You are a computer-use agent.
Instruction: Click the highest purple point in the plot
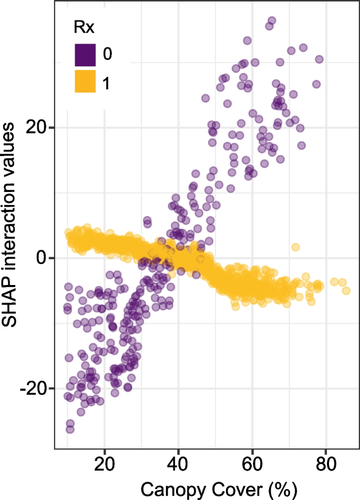[272, 21]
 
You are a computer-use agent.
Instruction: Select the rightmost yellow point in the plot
[346, 291]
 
